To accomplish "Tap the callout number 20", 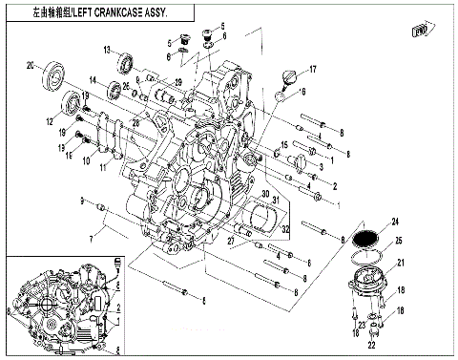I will pyautogui.click(x=30, y=65).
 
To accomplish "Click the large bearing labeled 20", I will pyautogui.click(x=51, y=74).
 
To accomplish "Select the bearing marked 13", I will pyautogui.click(x=125, y=65).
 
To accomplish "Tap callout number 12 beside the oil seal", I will pyautogui.click(x=48, y=121).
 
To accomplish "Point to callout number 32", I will pyautogui.click(x=285, y=229).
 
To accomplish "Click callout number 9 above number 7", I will pyautogui.click(x=82, y=201).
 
